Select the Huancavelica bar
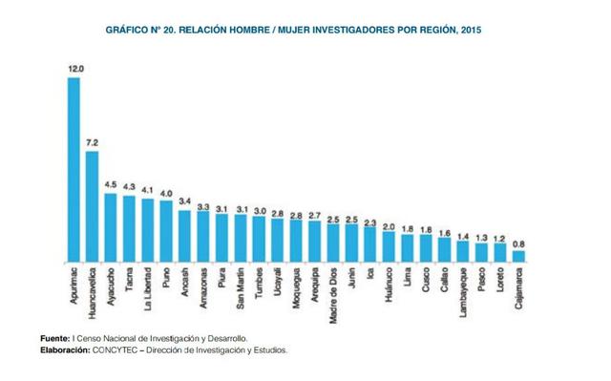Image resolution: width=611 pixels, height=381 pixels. point(92,205)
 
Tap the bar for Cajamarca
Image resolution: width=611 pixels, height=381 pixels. point(518,255)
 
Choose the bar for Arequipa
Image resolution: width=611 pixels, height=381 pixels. point(314,242)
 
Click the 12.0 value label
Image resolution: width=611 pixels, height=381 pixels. point(74,69)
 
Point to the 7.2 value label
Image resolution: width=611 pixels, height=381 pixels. point(93,142)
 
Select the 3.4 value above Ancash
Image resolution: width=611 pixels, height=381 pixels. point(185,201)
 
